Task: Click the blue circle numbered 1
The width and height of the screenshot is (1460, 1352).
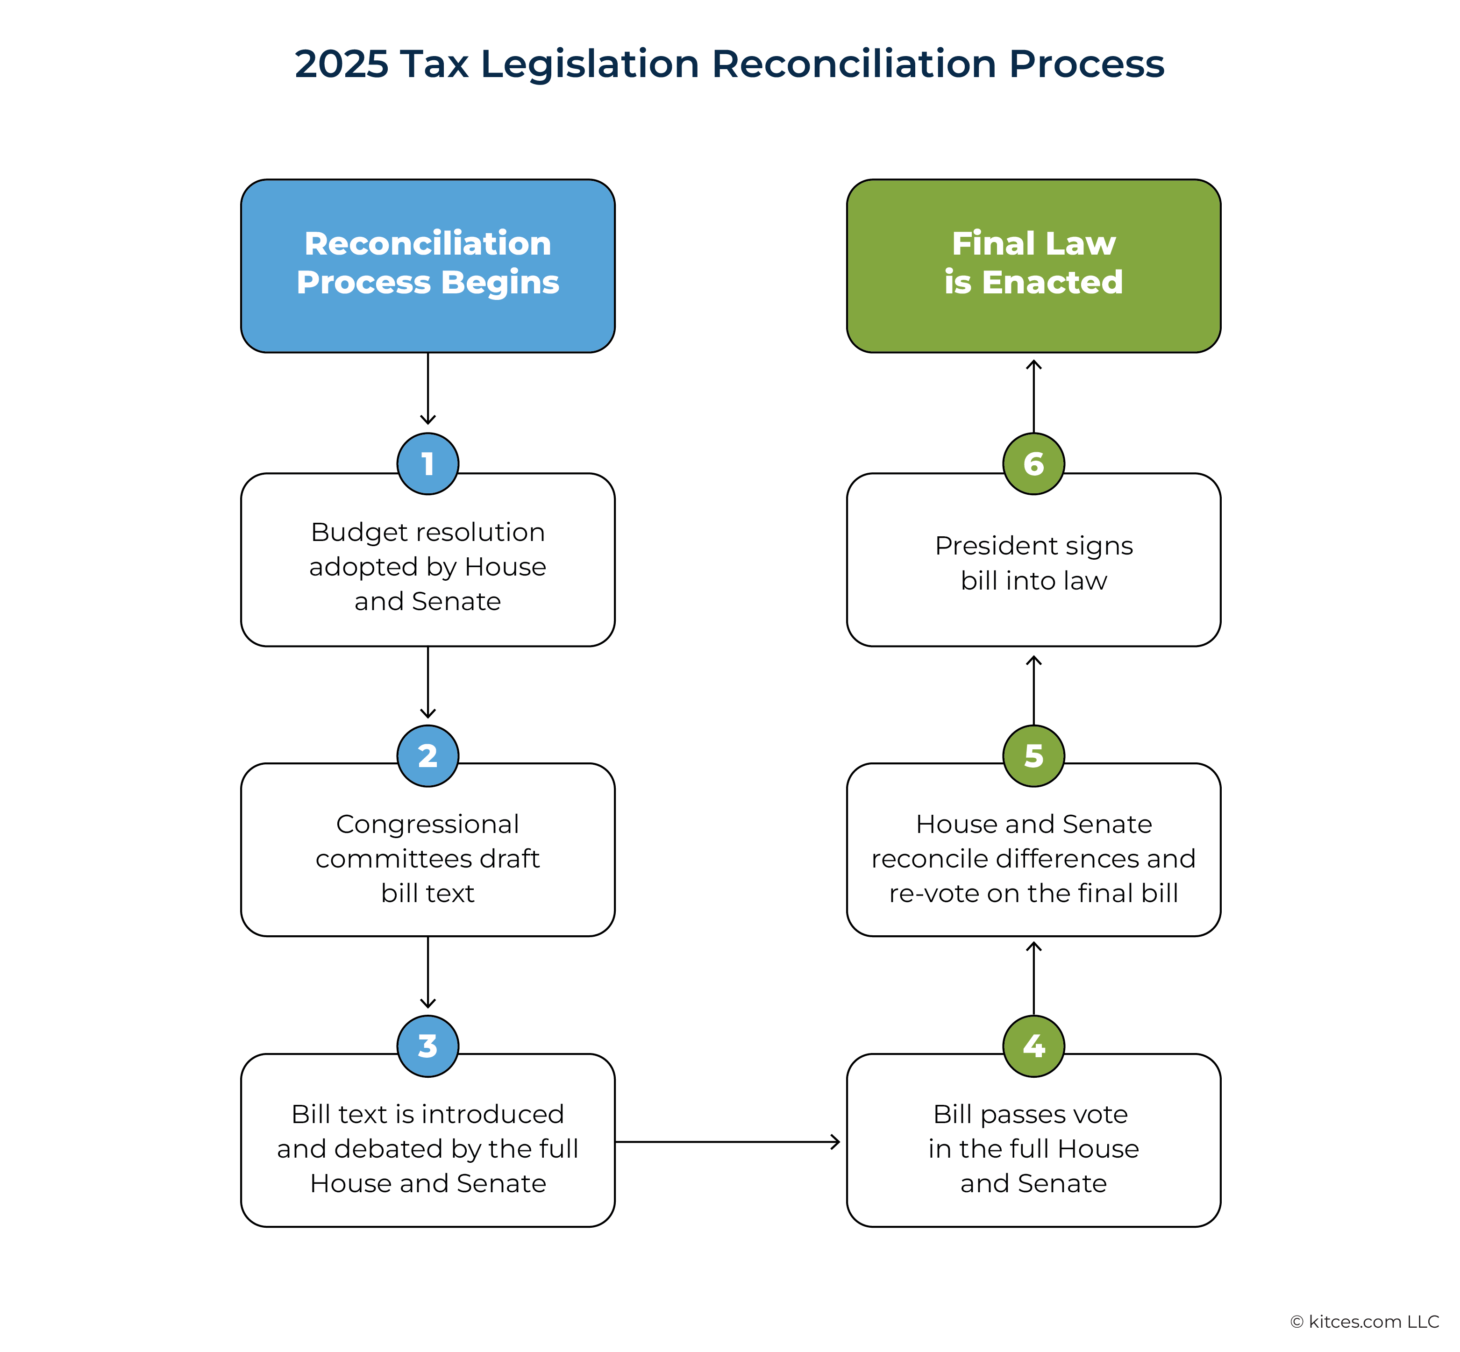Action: pos(428,464)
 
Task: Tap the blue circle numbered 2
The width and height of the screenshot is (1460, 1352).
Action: pos(428,756)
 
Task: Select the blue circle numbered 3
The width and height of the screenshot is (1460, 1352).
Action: pos(428,1046)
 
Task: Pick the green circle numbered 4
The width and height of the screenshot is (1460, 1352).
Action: pos(1033,1046)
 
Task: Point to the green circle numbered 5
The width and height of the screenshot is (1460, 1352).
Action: pos(1033,756)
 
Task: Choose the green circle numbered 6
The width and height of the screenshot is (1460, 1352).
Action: pos(1033,464)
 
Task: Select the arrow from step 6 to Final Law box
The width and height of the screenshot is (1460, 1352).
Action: pos(1033,396)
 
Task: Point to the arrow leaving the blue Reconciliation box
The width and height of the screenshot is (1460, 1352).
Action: pos(428,389)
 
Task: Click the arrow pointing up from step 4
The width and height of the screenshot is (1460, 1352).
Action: pos(1033,978)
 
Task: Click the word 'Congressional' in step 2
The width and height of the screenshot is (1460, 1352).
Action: pos(428,825)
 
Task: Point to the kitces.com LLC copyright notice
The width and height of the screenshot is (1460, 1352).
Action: pos(1364,1321)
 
